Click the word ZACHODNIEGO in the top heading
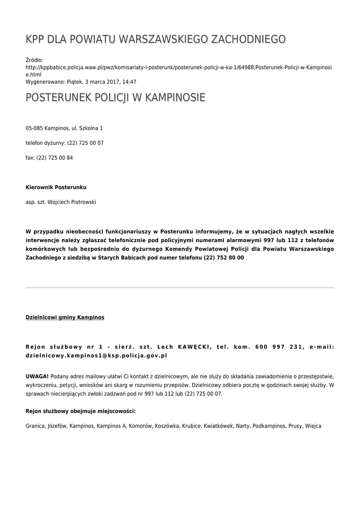coord(248,40)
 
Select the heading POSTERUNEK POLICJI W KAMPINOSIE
coord(115,98)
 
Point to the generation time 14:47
coord(130,82)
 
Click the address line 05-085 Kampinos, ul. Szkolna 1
coord(64,128)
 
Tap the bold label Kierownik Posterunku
coord(56,188)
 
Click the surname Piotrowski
coord(81,202)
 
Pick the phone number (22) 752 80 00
coord(223,258)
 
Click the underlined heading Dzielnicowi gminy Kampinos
coord(65,317)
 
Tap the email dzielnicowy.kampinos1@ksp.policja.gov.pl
coord(96,356)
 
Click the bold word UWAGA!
coord(37,376)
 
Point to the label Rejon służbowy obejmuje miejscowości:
coord(80,411)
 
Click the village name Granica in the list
coord(35,426)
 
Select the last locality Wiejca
coord(313,426)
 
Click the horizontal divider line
coord(180,288)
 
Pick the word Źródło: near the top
coord(35,60)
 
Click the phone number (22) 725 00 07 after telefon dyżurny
coord(85,143)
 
